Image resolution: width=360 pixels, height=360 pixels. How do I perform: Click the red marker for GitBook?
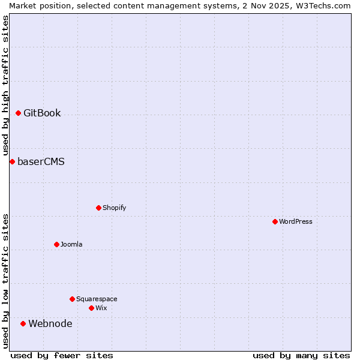pos(18,113)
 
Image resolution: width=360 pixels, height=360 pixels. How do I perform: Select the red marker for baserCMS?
pos(12,161)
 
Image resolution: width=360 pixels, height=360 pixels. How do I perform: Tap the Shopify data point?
pos(98,208)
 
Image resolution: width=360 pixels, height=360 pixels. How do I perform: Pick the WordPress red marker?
pos(275,221)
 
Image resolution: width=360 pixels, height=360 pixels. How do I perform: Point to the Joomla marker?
pos(56,244)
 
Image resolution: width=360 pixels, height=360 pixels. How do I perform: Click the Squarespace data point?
pos(72,299)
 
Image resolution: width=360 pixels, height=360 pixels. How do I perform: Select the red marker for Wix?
pos(91,308)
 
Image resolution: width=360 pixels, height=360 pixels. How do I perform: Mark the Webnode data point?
pos(23,323)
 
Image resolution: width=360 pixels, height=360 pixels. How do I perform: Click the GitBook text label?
pos(42,113)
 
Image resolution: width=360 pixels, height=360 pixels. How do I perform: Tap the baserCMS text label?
pos(41,162)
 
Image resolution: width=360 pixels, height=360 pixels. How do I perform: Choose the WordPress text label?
pos(296,222)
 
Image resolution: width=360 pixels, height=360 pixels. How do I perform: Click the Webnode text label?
pos(50,324)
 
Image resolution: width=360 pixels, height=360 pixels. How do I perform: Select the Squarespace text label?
pos(97,299)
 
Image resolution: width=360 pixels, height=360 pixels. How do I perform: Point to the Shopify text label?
pos(114,208)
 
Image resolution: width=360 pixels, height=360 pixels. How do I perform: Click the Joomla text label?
pos(71,245)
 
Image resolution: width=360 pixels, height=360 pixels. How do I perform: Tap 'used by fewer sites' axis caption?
pos(62,355)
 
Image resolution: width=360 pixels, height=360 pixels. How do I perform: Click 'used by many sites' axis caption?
pos(301,355)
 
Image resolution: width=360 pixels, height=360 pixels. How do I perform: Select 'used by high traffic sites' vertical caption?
pos(5,85)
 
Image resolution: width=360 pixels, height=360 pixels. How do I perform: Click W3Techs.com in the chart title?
pos(321,5)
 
